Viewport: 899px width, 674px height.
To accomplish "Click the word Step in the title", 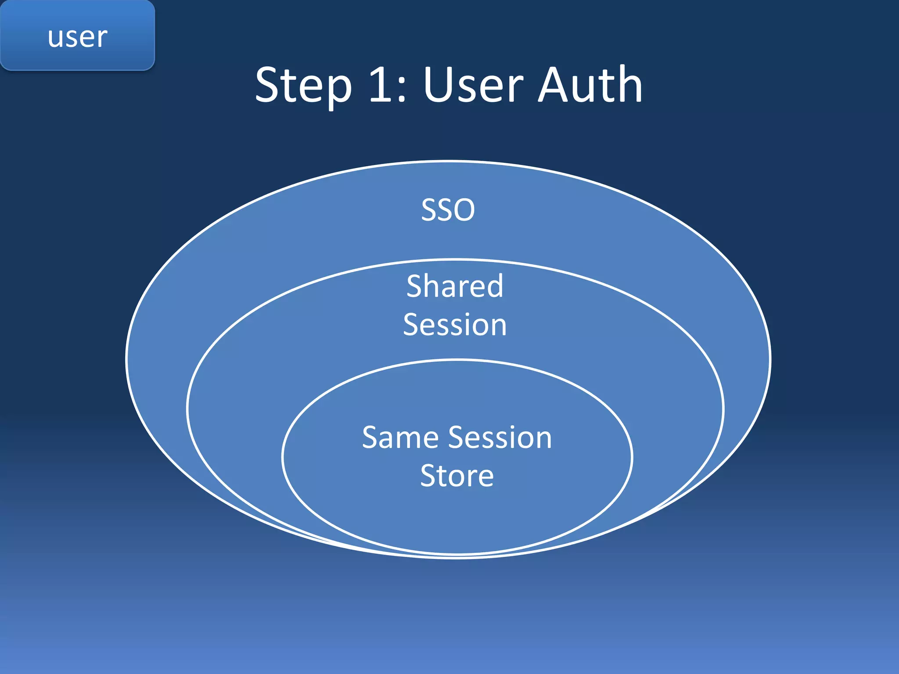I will [303, 86].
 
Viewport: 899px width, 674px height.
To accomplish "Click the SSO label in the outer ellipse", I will [448, 210].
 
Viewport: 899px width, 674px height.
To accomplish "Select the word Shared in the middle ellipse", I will [455, 286].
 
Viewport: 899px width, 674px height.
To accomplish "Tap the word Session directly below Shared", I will [455, 325].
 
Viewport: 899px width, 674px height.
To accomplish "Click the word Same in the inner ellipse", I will [400, 437].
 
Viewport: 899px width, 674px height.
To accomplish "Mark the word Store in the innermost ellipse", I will [457, 476].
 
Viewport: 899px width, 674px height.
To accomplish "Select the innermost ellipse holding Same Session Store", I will [457, 518].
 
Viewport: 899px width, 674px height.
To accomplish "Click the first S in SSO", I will [429, 210].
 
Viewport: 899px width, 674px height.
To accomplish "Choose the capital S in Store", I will [428, 476].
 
